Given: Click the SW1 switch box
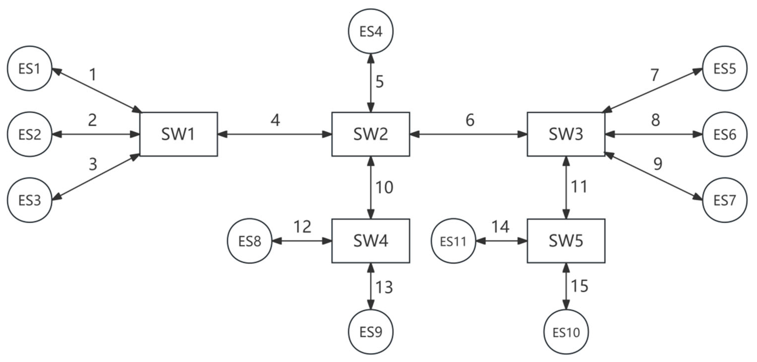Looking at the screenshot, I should point(178,134).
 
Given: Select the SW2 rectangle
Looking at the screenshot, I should point(371,134).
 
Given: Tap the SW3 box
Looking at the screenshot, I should point(566,134).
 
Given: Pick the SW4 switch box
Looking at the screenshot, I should point(371,241).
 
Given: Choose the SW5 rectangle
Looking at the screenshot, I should point(566,241).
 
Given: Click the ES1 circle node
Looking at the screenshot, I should point(29,69).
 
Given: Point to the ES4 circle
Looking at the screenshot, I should point(371,31).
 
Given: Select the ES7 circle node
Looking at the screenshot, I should point(724,200).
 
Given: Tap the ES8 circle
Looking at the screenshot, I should point(250,241).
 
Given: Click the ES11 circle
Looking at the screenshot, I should point(453,241).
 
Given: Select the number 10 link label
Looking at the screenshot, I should point(384,187).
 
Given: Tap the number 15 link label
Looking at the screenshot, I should point(579,286).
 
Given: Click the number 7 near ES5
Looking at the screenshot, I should point(654,75).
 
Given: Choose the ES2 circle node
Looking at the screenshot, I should point(29,134).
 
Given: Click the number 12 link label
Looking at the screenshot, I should point(302,227).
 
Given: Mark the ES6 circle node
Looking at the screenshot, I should point(724,134).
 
